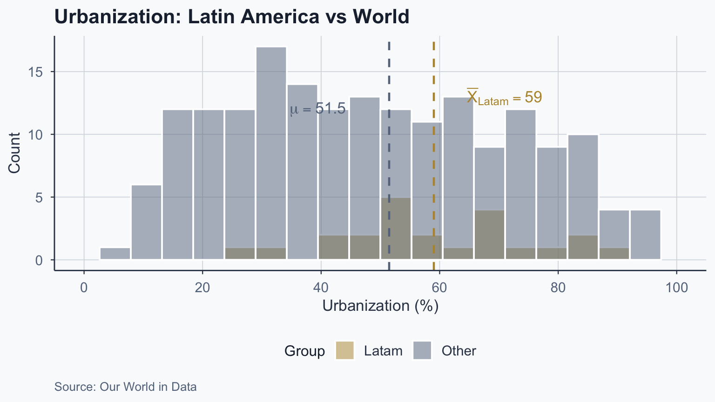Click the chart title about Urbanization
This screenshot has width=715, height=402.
232,17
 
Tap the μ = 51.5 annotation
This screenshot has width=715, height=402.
317,109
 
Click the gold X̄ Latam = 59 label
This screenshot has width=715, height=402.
504,97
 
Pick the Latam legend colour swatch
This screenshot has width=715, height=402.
345,350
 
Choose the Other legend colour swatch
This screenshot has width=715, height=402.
422,350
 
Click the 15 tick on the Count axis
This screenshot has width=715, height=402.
38,73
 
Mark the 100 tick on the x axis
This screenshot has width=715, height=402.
677,288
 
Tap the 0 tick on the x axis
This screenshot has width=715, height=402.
84,288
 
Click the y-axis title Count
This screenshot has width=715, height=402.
14,153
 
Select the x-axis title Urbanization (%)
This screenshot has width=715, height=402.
380,306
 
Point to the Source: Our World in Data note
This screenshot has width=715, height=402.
125,387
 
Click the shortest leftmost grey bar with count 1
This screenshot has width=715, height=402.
115,254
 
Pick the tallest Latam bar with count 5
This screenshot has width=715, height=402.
396,228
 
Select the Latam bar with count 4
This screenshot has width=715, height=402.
490,234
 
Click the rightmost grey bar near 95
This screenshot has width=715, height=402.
645,235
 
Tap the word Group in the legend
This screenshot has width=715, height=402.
304,351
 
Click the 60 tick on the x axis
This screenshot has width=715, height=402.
439,288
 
